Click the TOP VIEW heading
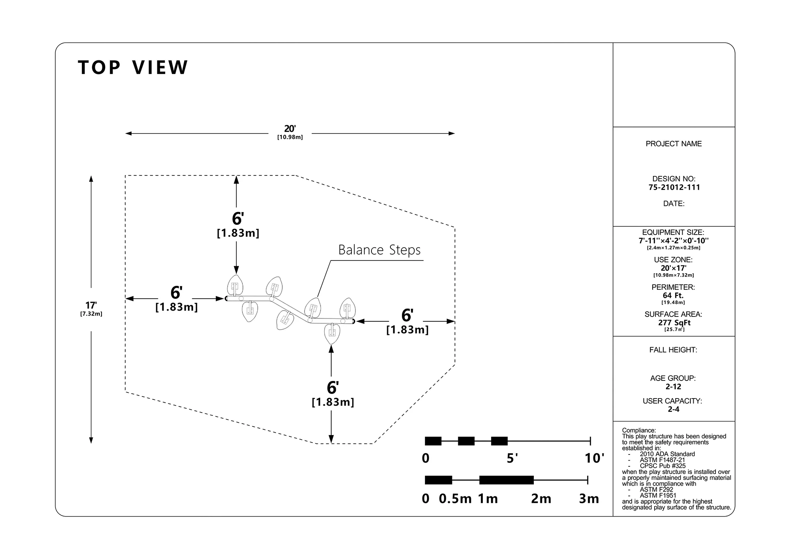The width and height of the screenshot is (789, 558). [x=133, y=68]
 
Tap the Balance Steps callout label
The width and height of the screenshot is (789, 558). [x=379, y=250]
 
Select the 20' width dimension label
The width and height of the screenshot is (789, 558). [x=290, y=129]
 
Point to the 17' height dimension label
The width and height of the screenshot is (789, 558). [x=91, y=305]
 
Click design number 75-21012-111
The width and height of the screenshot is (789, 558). [x=674, y=187]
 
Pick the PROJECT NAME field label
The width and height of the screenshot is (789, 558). [x=674, y=144]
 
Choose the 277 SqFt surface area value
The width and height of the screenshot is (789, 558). [x=674, y=323]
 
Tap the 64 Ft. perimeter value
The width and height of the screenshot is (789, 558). [x=673, y=295]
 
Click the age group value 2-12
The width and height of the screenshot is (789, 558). [x=674, y=387]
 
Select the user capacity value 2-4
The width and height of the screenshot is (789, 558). [x=674, y=409]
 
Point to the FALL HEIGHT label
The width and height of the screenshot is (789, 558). [x=673, y=350]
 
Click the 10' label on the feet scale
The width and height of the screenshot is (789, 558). [x=595, y=458]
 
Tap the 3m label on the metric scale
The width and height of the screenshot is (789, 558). [x=589, y=498]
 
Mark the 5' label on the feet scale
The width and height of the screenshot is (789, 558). [x=512, y=458]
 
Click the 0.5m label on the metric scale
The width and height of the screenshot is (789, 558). [x=455, y=498]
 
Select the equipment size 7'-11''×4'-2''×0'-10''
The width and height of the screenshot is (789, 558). [x=674, y=241]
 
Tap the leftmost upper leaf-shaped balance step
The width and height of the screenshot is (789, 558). [x=235, y=286]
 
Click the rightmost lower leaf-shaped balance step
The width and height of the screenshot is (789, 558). [x=332, y=333]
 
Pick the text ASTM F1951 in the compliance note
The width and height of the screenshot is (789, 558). [x=658, y=496]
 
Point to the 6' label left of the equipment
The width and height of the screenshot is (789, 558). [x=176, y=293]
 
